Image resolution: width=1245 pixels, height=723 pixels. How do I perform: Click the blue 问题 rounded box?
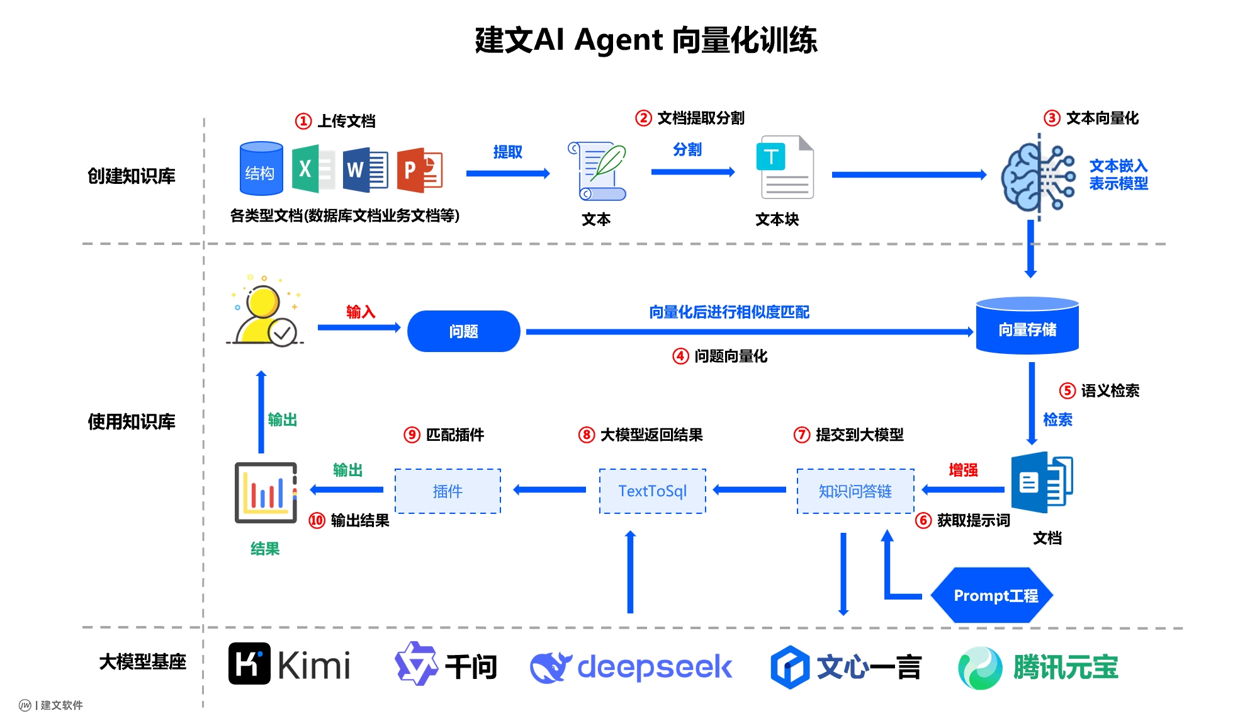click(463, 331)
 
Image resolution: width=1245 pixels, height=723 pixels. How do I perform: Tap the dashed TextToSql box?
click(652, 491)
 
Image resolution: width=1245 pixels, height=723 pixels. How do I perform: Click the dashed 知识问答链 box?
click(855, 491)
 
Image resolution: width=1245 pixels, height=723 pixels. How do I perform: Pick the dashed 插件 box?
click(448, 491)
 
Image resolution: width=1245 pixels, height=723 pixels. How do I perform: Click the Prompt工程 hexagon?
click(992, 596)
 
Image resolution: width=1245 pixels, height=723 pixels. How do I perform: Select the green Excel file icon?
click(312, 169)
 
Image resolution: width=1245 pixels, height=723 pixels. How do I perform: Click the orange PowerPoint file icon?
click(419, 169)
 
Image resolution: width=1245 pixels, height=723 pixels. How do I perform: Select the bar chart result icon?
click(266, 493)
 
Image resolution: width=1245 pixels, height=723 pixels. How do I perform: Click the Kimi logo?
click(289, 664)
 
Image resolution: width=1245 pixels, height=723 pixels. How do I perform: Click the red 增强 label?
click(963, 470)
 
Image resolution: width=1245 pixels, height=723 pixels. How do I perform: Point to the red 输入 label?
click(360, 312)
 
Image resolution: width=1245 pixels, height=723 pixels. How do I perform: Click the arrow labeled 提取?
click(507, 173)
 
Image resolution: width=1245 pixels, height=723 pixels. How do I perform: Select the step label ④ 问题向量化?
click(720, 356)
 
